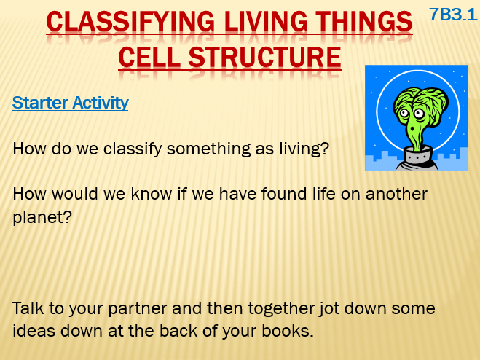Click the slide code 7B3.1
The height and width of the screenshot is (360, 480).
coord(453,15)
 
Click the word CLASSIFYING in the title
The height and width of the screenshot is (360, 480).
coord(130,21)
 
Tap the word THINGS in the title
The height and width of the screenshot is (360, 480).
coord(364,21)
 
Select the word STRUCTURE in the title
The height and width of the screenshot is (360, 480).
coord(265,58)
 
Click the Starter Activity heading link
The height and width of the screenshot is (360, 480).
coord(71,103)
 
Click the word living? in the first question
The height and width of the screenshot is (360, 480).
coord(304,149)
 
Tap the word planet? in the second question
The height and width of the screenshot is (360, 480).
coord(42,218)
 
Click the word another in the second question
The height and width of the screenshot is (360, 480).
coord(396,195)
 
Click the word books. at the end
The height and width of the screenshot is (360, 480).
coord(288,331)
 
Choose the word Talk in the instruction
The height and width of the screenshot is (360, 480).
coord(28,308)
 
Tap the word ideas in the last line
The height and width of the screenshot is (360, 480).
coord(34,331)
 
